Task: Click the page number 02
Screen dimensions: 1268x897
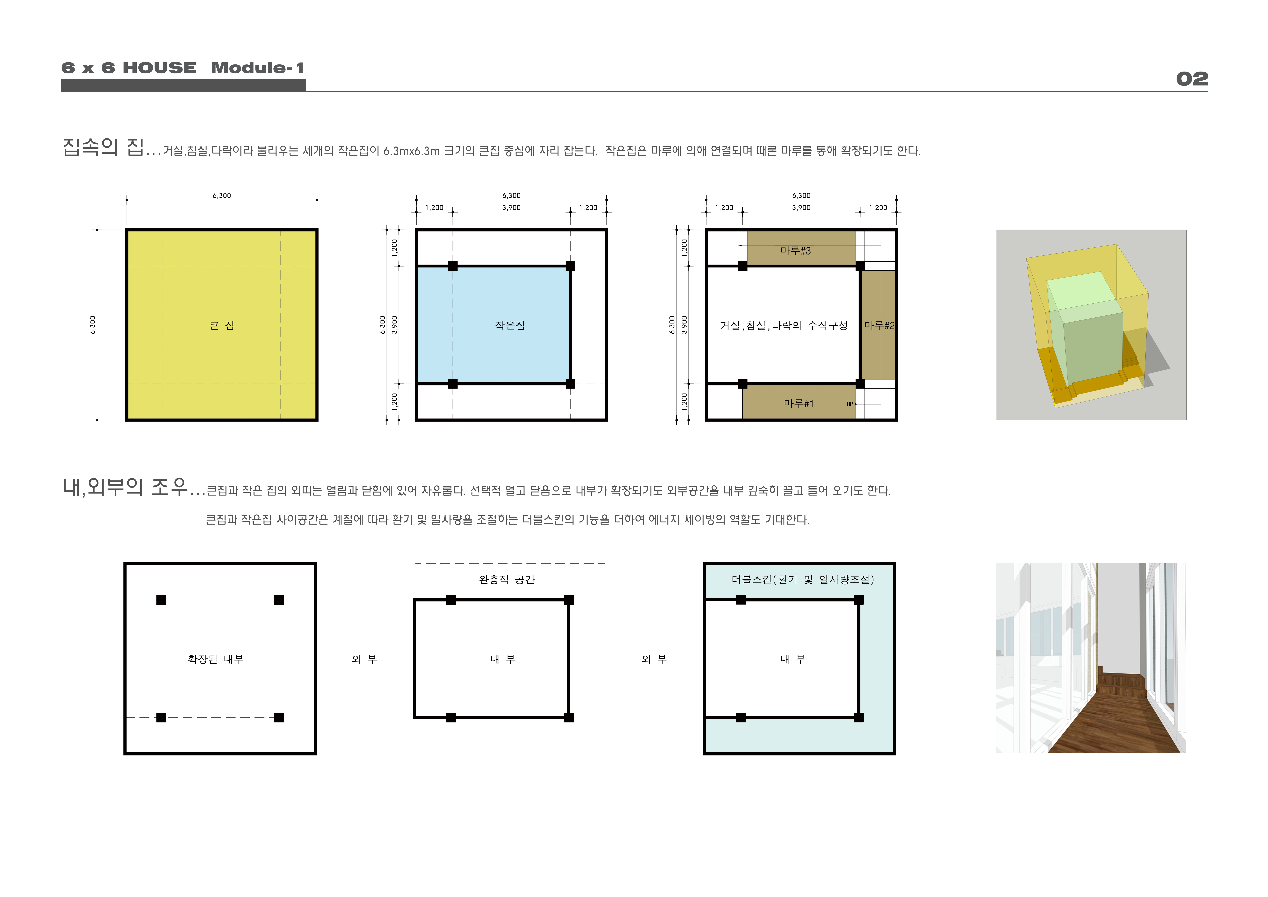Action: click(1192, 79)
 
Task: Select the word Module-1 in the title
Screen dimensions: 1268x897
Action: click(257, 68)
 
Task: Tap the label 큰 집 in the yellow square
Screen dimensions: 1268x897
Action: click(222, 325)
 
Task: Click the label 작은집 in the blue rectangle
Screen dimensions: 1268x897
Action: click(510, 325)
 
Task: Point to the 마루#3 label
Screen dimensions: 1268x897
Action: click(796, 251)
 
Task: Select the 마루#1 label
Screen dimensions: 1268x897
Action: click(798, 404)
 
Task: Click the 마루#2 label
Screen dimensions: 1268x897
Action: click(879, 325)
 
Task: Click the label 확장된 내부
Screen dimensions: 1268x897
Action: click(215, 659)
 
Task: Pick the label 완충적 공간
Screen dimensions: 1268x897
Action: click(507, 579)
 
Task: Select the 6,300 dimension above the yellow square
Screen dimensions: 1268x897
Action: click(222, 195)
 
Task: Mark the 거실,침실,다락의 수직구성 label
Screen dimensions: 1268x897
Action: click(783, 325)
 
